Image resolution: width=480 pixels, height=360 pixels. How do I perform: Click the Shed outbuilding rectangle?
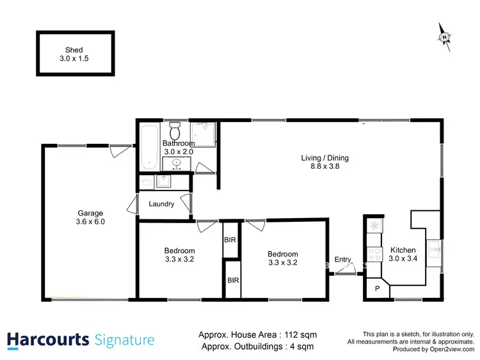[74, 53]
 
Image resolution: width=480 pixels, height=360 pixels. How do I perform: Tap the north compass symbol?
[444, 37]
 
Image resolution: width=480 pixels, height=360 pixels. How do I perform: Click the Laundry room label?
[161, 204]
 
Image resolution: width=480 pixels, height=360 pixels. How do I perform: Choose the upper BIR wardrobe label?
[230, 240]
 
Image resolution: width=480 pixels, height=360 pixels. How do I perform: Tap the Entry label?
[342, 259]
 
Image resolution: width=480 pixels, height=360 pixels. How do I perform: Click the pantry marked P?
[376, 288]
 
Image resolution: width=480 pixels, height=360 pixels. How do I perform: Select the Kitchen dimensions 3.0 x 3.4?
[402, 259]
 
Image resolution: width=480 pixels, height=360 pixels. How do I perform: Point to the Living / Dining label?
[325, 158]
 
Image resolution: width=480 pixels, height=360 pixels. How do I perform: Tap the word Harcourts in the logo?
[47, 340]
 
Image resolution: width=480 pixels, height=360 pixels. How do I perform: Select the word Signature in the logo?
[124, 340]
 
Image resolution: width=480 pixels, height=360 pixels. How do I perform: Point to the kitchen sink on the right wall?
[434, 249]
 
